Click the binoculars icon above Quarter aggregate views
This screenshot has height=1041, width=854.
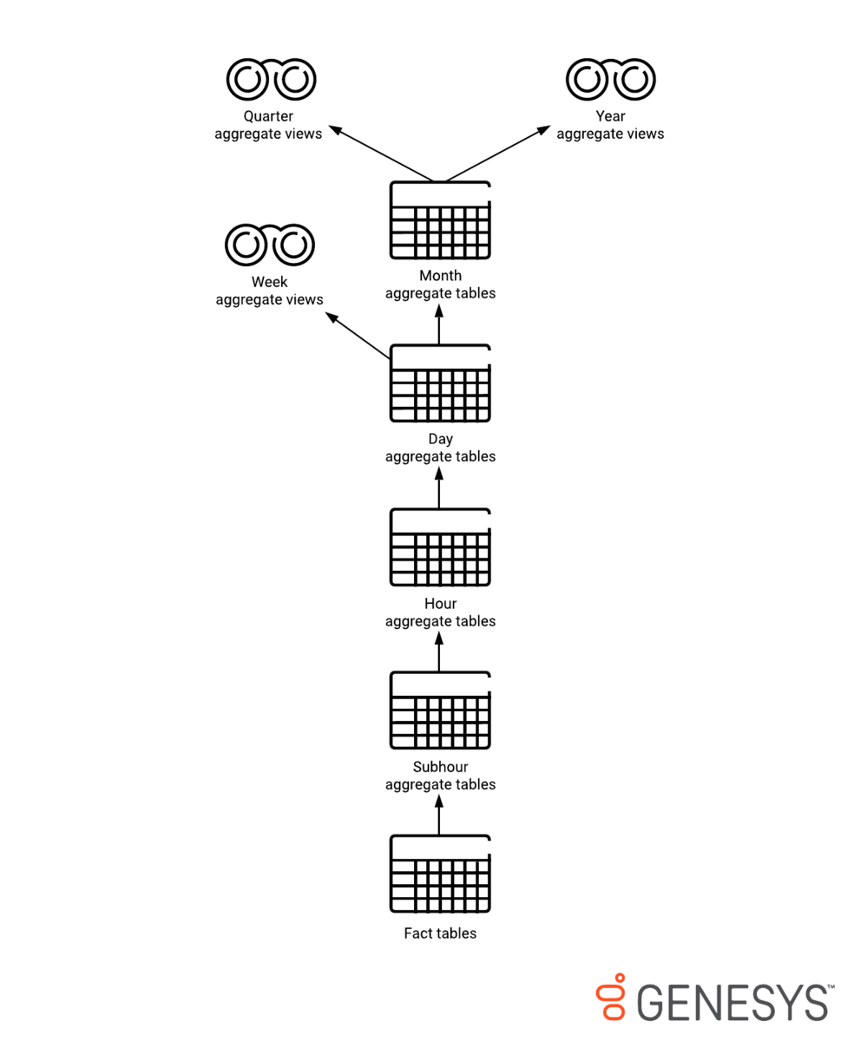271,79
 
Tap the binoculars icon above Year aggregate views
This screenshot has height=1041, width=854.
610,79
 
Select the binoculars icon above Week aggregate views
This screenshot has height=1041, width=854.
270,245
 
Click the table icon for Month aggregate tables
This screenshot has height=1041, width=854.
440,220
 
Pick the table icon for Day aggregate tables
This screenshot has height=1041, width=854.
440,383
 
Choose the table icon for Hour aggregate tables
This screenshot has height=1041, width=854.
440,547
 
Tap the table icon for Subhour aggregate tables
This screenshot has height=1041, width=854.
440,710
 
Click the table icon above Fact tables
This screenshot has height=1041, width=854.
440,874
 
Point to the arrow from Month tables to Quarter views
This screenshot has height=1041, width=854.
381,154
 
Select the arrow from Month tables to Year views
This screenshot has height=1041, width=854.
498,154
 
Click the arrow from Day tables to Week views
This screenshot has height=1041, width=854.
358,335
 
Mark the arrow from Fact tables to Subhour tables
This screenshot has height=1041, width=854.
439,815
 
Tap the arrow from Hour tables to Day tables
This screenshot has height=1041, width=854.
439,488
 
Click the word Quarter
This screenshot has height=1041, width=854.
268,116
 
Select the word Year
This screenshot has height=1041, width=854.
610,116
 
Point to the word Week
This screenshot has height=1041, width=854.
269,282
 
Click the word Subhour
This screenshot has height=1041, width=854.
440,767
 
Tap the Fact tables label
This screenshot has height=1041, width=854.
440,933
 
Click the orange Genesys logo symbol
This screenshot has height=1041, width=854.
612,997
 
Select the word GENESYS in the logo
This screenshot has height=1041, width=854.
733,1002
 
